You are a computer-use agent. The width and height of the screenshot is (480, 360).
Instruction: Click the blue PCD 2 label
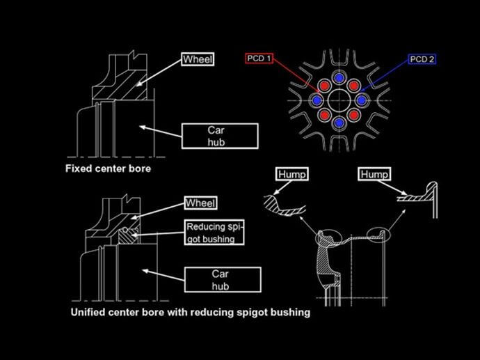pos(422,59)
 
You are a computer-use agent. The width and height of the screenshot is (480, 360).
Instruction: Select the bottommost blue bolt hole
pos(339,123)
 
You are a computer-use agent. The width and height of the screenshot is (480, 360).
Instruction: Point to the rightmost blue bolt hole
pos(362,100)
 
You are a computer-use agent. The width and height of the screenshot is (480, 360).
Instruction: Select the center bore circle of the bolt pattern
pos(339,100)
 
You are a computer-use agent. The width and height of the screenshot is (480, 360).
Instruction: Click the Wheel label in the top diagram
pos(197,59)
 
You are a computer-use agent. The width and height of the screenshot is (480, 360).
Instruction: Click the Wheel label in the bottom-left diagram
pos(200,203)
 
